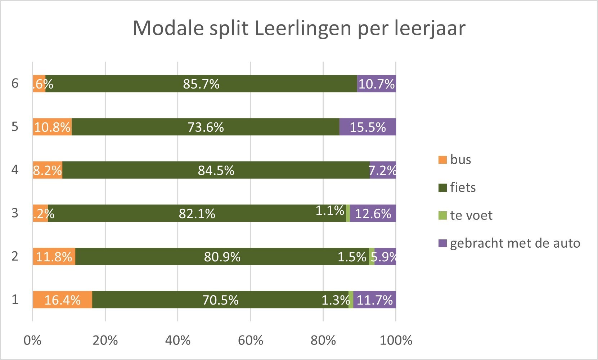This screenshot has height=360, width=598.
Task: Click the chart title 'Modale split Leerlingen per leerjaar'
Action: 299,28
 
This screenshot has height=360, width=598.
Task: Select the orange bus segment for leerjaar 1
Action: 62,300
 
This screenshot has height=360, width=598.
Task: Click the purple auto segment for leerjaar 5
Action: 368,127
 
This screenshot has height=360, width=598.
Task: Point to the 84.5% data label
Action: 216,170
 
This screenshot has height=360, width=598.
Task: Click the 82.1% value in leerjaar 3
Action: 197,213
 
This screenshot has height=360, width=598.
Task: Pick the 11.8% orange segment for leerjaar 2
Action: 54,257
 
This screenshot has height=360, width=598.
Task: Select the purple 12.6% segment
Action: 373,213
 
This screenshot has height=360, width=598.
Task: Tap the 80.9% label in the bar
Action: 222,257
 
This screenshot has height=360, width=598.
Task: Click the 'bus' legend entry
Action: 460,159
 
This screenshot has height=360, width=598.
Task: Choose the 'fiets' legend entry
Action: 463,187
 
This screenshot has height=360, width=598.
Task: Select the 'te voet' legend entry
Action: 471,215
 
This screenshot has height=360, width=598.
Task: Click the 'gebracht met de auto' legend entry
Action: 515,243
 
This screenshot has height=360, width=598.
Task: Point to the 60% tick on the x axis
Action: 251,340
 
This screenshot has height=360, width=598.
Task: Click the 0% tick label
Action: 32,340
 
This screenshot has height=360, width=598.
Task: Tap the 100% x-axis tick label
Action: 396,340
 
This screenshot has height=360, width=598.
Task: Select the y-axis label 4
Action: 15,170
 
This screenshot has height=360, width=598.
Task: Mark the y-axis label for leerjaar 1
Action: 15,299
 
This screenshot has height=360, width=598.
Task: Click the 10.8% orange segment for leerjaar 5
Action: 52,127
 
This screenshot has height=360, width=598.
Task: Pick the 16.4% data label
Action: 62,300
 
